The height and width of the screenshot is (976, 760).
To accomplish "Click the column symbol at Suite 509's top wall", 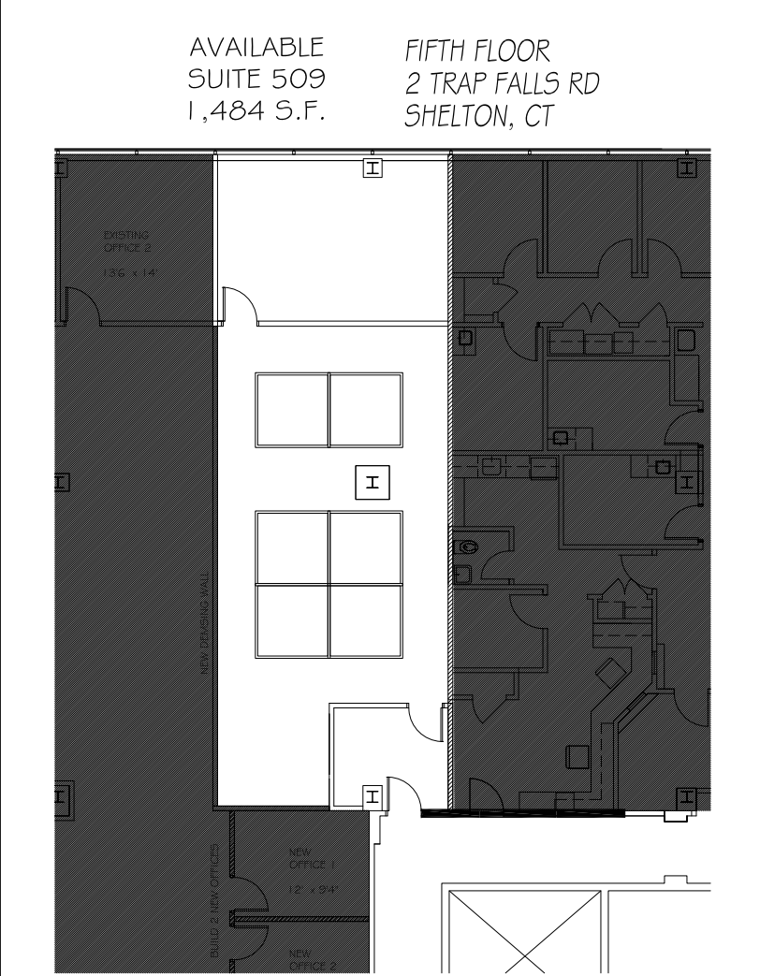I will tap(372, 168).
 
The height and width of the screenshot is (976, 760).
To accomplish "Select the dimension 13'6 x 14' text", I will tap(124, 272).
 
